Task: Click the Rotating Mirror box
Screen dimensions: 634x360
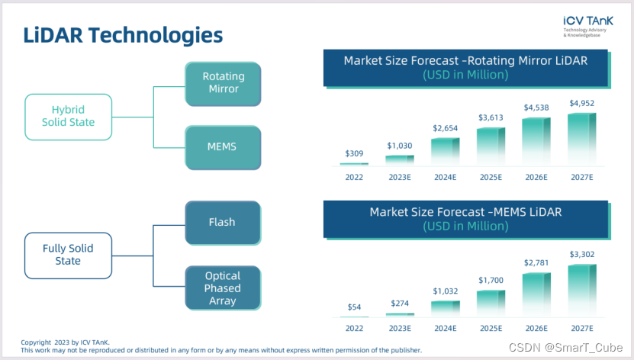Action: tap(223, 84)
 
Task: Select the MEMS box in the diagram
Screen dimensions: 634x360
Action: tap(223, 147)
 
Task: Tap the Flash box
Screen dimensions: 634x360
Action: tap(223, 223)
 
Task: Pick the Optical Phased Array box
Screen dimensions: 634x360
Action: tap(223, 288)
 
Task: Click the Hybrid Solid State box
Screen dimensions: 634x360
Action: tap(69, 117)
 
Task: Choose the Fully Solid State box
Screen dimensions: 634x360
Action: tap(69, 256)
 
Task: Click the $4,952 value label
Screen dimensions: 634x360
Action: tap(582, 103)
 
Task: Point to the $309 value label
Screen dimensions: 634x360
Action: tap(354, 153)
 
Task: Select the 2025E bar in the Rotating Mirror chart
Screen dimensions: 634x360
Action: tap(491, 146)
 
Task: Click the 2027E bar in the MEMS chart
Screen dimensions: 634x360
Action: tap(582, 290)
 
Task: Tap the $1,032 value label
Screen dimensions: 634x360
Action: tap(446, 291)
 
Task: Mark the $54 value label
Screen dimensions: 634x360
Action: tap(354, 307)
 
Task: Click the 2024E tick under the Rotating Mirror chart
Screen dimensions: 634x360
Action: tap(446, 178)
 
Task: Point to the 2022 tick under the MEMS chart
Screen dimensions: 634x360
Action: tap(354, 329)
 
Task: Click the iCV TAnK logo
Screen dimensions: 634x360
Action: tap(588, 26)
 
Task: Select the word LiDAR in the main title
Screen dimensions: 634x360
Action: tap(53, 35)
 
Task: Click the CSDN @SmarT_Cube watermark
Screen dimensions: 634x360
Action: tap(565, 348)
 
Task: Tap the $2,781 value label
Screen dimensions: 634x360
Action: tap(536, 262)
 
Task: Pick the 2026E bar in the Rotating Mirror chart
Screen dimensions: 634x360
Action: tap(536, 140)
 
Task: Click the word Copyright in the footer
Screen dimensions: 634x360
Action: tap(36, 342)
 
